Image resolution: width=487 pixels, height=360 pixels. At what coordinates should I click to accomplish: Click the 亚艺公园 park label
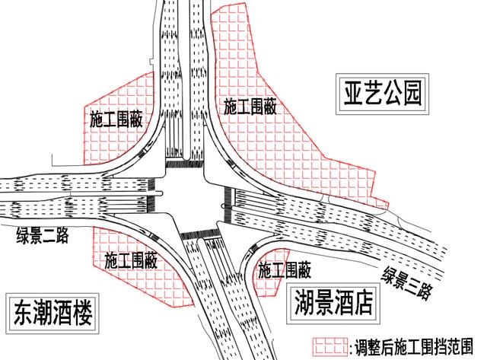pyautogui.click(x=382, y=94)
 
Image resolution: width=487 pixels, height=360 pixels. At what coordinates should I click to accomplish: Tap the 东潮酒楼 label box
pyautogui.click(x=53, y=313)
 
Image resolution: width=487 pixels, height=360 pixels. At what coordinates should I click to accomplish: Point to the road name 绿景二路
pyautogui.click(x=43, y=235)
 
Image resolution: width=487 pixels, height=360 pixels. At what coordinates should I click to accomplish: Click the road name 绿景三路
pyautogui.click(x=407, y=282)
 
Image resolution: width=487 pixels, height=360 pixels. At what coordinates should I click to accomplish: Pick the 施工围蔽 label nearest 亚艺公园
pyautogui.click(x=250, y=107)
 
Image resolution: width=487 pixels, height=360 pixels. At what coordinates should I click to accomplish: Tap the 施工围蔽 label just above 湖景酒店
pyautogui.click(x=285, y=269)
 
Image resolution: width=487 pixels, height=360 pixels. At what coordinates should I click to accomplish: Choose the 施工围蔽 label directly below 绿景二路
pyautogui.click(x=131, y=260)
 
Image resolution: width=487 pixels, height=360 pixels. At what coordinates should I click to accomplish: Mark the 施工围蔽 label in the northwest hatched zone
pyautogui.click(x=116, y=119)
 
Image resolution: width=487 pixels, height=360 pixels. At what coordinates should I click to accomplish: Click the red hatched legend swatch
pyautogui.click(x=329, y=346)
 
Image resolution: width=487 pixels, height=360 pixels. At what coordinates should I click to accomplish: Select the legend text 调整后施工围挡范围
pyautogui.click(x=414, y=346)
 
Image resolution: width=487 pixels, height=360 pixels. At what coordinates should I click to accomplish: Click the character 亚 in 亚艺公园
pyautogui.click(x=354, y=94)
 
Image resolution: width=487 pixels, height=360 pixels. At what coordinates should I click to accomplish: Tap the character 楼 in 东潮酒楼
pyautogui.click(x=82, y=313)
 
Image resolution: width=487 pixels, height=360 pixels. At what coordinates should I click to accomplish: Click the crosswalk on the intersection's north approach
pyautogui.click(x=184, y=164)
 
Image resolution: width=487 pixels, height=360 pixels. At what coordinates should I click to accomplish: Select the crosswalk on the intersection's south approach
pyautogui.click(x=199, y=234)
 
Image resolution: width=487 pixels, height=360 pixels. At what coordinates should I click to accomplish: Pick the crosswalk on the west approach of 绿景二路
pyautogui.click(x=151, y=196)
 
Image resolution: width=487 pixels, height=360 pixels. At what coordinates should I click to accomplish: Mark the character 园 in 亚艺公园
pyautogui.click(x=411, y=94)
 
